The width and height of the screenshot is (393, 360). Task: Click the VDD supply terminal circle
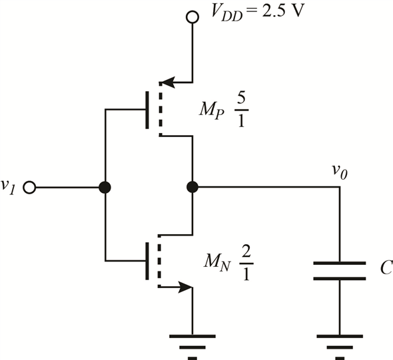(193, 17)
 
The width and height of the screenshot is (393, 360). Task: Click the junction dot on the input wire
(105, 188)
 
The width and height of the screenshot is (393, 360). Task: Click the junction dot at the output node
(193, 188)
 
